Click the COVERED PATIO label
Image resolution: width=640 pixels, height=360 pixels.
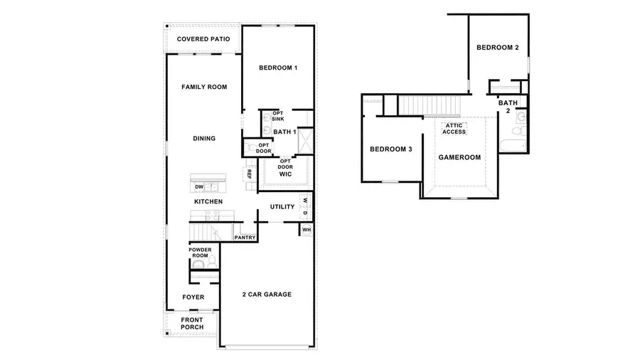203,39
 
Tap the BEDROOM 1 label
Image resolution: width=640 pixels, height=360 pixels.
277,68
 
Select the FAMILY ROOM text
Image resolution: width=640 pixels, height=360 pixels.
204,87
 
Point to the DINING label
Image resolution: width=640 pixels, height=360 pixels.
204,139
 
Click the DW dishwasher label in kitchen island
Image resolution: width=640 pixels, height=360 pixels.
199,186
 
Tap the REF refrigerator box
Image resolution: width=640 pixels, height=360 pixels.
250,174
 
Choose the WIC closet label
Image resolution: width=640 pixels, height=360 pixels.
286,174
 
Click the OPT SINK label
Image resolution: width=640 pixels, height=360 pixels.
278,116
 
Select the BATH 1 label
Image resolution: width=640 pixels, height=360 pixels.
284,132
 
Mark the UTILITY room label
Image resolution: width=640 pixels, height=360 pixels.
282,207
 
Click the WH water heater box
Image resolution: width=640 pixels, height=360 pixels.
306,230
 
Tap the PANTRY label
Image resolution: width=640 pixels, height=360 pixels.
245,238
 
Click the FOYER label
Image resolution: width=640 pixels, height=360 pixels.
193,297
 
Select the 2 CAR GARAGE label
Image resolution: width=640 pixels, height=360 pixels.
266,295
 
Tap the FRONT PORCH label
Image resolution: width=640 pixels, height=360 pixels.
192,324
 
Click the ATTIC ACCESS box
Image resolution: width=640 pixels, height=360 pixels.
454,129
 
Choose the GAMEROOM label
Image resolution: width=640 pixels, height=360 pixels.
459,157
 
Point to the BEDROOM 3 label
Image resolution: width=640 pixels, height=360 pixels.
390,149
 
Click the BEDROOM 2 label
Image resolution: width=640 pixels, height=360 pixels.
497,48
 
